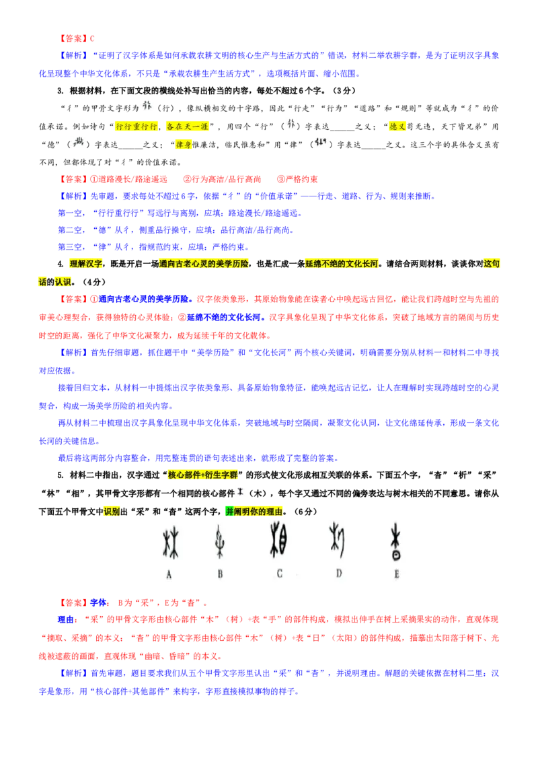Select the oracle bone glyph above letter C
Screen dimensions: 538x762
278,540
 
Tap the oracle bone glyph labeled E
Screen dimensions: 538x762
396,541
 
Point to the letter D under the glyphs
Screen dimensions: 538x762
339,574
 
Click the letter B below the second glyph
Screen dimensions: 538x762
220,574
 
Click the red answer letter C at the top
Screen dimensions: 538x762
92,38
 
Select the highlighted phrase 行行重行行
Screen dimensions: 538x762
137,127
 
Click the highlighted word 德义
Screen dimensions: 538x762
397,127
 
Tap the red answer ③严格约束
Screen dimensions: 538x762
297,179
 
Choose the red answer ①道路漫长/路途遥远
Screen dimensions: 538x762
128,179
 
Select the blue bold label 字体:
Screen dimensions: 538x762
100,602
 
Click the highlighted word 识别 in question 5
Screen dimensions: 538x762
112,511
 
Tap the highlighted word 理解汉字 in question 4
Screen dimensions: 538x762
86,263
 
